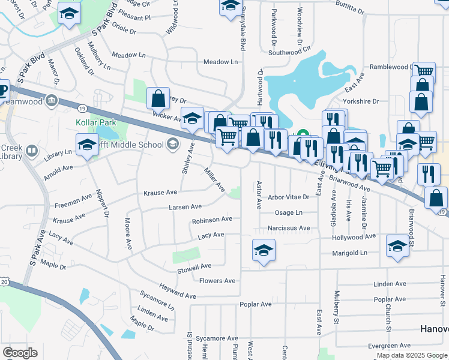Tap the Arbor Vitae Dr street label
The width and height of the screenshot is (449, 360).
pyautogui.click(x=289, y=197)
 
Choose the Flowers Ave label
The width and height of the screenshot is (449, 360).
pyautogui.click(x=217, y=281)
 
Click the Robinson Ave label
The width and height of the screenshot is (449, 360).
pyautogui.click(x=212, y=220)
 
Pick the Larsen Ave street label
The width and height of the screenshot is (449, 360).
pyautogui.click(x=185, y=206)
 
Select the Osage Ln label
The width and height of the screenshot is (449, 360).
pyautogui.click(x=288, y=212)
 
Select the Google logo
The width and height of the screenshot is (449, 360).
pyautogui.click(x=20, y=353)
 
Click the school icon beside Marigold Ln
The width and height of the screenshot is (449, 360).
pyautogui.click(x=397, y=247)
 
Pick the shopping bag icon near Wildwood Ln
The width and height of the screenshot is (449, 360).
pyautogui.click(x=157, y=98)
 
